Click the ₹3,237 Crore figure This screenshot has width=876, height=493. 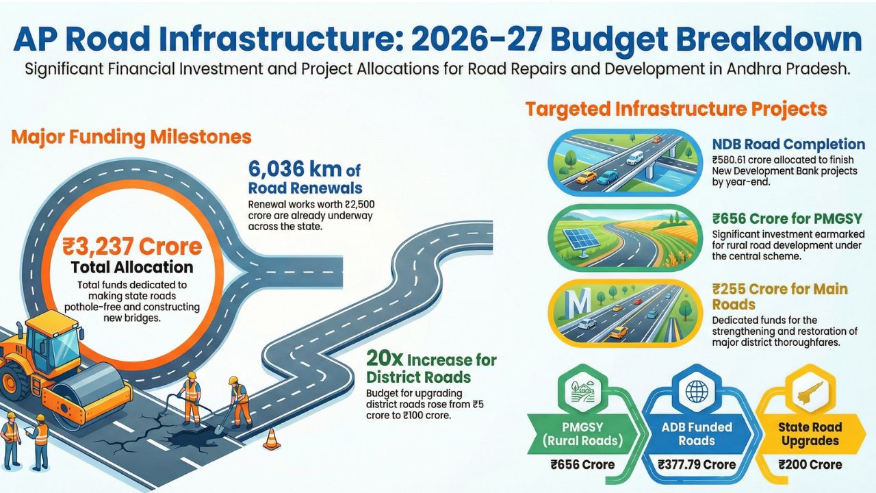click(132, 246)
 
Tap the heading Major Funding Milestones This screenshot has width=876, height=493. click(131, 138)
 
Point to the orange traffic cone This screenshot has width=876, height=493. click(272, 439)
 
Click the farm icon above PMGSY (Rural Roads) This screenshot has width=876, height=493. click(582, 392)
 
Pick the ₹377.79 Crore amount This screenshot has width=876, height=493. click(697, 464)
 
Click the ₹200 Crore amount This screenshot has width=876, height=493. click(810, 464)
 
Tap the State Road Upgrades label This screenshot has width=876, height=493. click(810, 434)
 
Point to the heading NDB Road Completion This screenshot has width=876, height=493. click(788, 144)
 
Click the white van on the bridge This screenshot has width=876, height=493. click(634, 157)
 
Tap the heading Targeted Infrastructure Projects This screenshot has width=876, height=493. click(676, 109)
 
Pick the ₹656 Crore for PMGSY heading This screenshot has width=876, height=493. click(787, 218)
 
